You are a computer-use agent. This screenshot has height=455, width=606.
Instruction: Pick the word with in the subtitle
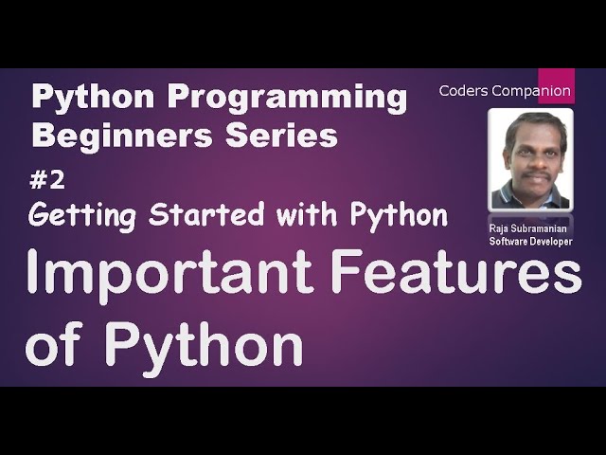pyautogui.click(x=295, y=215)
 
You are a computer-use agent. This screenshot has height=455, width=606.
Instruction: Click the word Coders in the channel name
pyautogui.click(x=461, y=91)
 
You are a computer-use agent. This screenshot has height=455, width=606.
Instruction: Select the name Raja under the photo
pyautogui.click(x=501, y=229)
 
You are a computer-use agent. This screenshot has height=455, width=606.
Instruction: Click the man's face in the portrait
pyautogui.click(x=531, y=152)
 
